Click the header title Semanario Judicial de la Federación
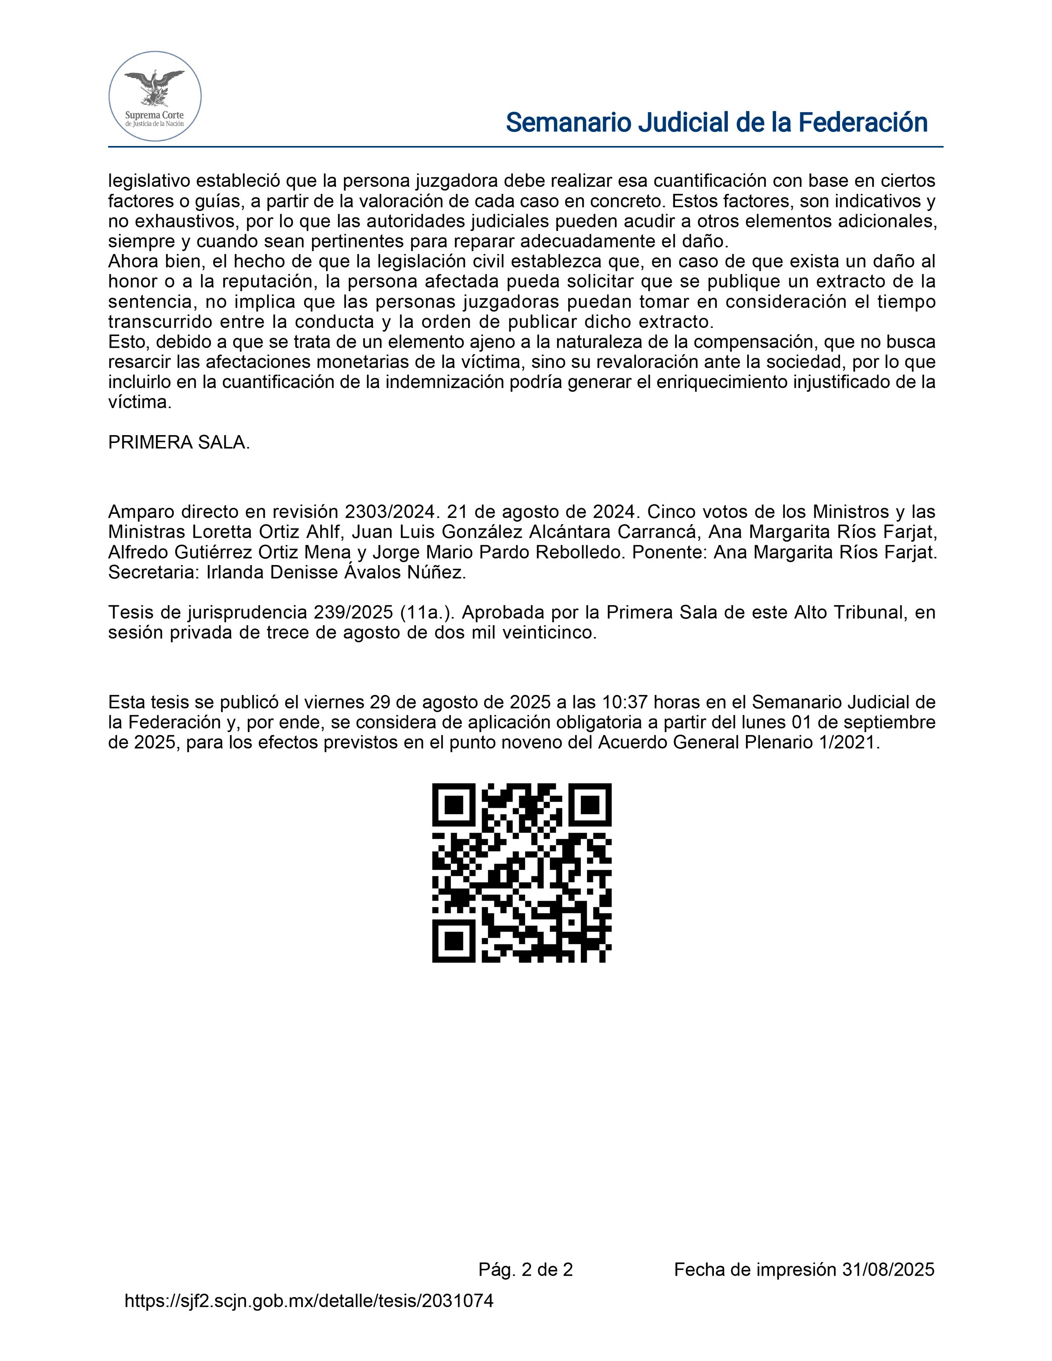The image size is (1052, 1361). click(x=717, y=123)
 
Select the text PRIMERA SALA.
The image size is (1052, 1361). click(x=179, y=443)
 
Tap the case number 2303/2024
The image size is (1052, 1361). click(x=389, y=512)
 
